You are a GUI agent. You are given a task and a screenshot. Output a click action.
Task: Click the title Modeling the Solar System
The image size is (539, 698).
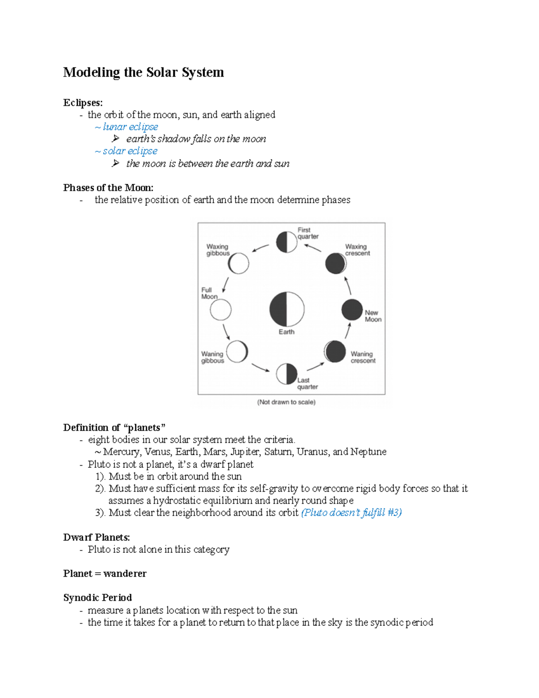[143, 72]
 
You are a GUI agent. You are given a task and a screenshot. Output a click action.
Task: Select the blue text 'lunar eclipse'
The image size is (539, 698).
[130, 127]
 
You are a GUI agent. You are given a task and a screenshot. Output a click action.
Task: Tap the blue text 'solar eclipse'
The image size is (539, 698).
[130, 151]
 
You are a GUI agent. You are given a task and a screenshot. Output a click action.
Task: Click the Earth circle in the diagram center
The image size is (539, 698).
[287, 309]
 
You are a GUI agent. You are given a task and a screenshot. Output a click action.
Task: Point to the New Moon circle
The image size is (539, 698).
[352, 310]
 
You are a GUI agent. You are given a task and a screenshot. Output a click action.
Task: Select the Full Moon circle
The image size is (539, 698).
[221, 310]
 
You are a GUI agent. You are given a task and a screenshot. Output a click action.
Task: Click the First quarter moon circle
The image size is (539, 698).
[287, 242]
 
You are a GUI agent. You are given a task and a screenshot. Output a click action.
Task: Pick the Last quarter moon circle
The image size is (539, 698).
[287, 374]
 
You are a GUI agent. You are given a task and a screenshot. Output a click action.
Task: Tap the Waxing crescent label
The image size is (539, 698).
[357, 250]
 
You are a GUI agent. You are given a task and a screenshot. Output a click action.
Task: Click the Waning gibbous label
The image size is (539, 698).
[212, 357]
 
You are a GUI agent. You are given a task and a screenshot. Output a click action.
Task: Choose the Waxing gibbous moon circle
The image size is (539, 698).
[238, 263]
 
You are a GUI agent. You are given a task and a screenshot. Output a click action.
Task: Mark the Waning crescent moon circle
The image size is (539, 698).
[335, 351]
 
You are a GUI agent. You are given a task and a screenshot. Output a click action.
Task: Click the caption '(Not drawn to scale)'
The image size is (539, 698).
[286, 402]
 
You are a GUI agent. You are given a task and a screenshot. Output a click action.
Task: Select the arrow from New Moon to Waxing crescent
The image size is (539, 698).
[348, 285]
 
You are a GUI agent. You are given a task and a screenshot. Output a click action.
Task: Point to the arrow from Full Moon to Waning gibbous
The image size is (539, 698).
[226, 331]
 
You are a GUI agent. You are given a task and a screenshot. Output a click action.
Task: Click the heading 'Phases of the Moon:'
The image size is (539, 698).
[108, 188]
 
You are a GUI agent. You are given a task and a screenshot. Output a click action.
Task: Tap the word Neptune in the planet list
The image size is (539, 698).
[368, 452]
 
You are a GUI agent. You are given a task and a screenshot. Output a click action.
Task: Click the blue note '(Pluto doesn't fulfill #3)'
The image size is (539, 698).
[351, 513]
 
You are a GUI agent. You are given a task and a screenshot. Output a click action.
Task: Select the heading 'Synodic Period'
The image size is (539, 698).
[97, 598]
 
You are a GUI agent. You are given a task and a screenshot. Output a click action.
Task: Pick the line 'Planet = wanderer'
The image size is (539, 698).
[105, 574]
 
